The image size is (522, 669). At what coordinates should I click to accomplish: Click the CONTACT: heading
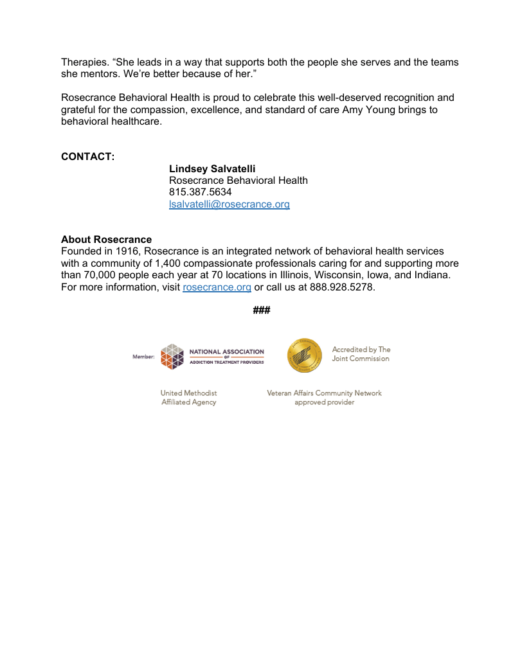[x=87, y=156]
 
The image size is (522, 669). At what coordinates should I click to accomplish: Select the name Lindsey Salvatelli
[x=212, y=168]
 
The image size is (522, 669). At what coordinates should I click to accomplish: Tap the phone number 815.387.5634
[x=201, y=192]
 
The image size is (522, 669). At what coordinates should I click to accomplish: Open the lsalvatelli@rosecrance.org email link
[x=229, y=204]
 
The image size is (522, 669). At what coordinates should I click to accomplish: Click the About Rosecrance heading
[x=106, y=240]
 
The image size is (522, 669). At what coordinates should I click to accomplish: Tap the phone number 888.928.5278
[x=342, y=287]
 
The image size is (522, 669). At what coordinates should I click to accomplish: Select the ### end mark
[x=261, y=310]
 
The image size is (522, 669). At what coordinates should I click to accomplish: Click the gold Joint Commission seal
[x=305, y=355]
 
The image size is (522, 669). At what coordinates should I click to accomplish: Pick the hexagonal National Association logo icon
[x=172, y=357]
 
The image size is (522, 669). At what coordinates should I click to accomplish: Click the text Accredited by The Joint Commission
[x=361, y=354]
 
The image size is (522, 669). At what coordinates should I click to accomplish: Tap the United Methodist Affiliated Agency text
[x=188, y=397]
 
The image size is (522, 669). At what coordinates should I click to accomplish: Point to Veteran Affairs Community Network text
[x=324, y=393]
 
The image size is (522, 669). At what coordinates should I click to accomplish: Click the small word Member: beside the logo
[x=143, y=357]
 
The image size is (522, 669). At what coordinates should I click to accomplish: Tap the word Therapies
[x=85, y=62]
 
